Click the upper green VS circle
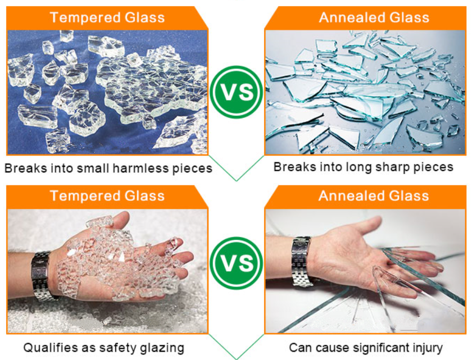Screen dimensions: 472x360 point(236,92)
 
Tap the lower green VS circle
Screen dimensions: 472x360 point(236,263)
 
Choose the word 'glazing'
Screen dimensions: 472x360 point(162,348)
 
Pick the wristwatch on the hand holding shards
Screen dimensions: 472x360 point(302,261)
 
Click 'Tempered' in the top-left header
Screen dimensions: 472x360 point(85,17)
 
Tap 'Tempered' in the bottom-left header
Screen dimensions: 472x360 point(85,195)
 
